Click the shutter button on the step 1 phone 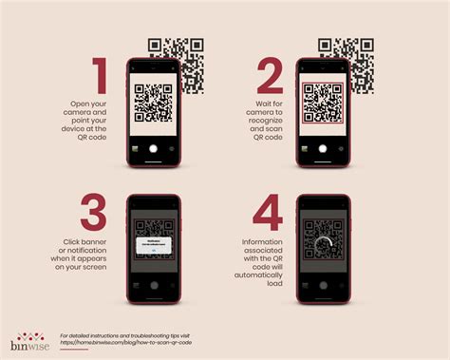pyautogui.click(x=154, y=148)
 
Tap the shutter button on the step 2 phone pyautogui.click(x=322, y=148)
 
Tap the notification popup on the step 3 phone pyautogui.click(x=154, y=245)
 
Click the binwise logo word pyautogui.click(x=28, y=344)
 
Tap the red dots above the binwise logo pyautogui.click(x=28, y=333)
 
